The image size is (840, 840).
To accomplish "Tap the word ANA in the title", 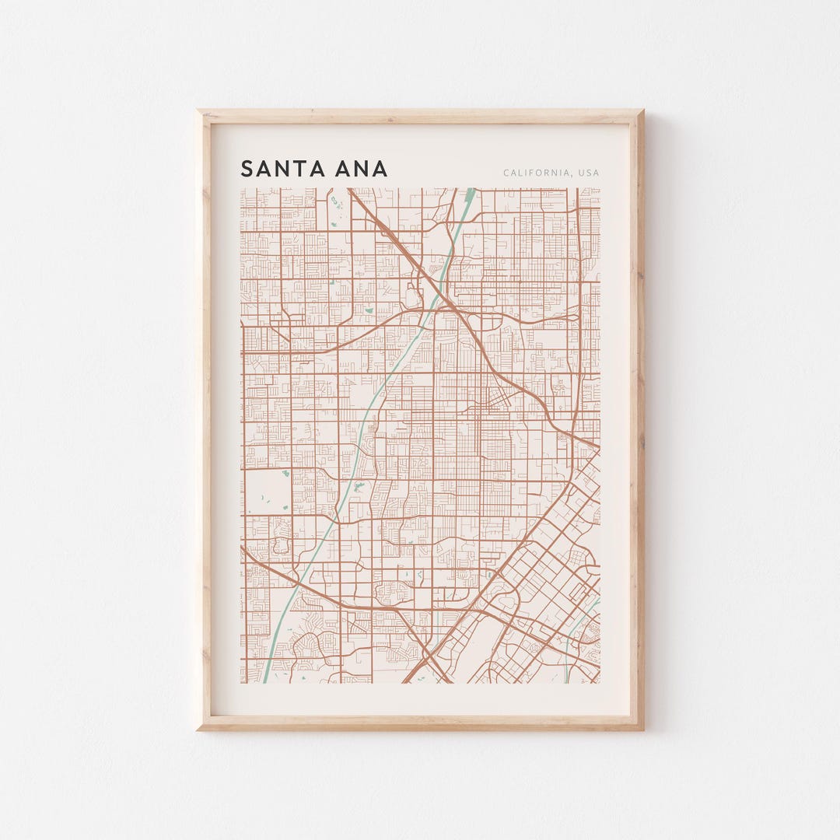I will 362,169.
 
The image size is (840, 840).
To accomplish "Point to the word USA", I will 588,173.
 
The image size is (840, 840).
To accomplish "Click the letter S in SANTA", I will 247,169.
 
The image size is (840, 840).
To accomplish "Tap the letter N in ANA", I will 362,169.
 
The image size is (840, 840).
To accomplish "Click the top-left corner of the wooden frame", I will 198,111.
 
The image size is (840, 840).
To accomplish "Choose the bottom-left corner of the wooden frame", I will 198,729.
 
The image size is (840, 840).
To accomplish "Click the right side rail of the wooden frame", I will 637,420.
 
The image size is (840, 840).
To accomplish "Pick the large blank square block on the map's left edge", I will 266,492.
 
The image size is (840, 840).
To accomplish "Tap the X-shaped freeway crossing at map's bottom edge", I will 428,661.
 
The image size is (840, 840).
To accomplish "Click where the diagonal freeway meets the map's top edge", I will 350,190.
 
